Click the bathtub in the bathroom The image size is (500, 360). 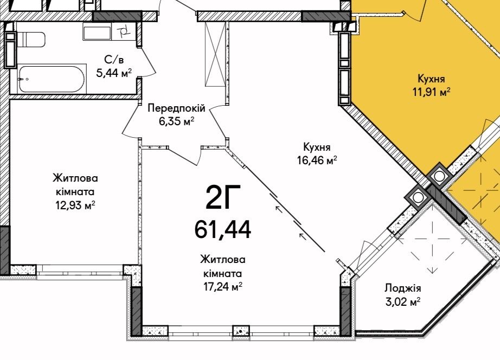(x=52, y=79)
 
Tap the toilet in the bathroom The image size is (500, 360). (x=31, y=39)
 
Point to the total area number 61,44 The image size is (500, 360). (x=222, y=229)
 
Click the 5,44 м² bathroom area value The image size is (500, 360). (x=114, y=73)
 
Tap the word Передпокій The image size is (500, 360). (x=176, y=108)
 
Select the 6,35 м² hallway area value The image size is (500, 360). (x=177, y=121)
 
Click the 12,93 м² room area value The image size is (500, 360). (x=75, y=205)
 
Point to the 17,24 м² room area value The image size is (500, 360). (x=223, y=287)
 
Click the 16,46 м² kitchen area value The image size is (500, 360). (x=317, y=160)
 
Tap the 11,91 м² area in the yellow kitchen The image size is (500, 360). (x=432, y=92)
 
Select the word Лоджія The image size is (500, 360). (x=403, y=288)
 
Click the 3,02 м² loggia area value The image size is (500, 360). (x=403, y=301)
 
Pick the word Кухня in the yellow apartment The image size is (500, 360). (x=431, y=79)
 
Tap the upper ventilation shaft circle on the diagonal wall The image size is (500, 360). (x=439, y=176)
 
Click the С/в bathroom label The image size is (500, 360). (x=114, y=60)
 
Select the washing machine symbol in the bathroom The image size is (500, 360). (x=124, y=31)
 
